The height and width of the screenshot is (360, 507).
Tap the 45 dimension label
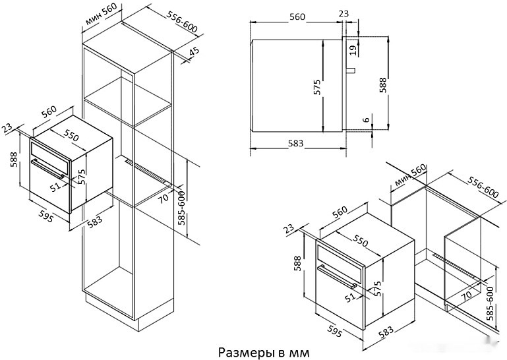[x=193, y=52]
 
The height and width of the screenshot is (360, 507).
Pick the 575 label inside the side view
[x=316, y=86]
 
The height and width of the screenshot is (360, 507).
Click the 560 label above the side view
[x=297, y=16]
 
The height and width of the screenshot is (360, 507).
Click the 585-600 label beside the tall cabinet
[x=183, y=208]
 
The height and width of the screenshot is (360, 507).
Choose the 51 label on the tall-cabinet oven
[x=55, y=187]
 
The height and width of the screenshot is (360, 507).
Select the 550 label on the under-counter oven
[x=361, y=241]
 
